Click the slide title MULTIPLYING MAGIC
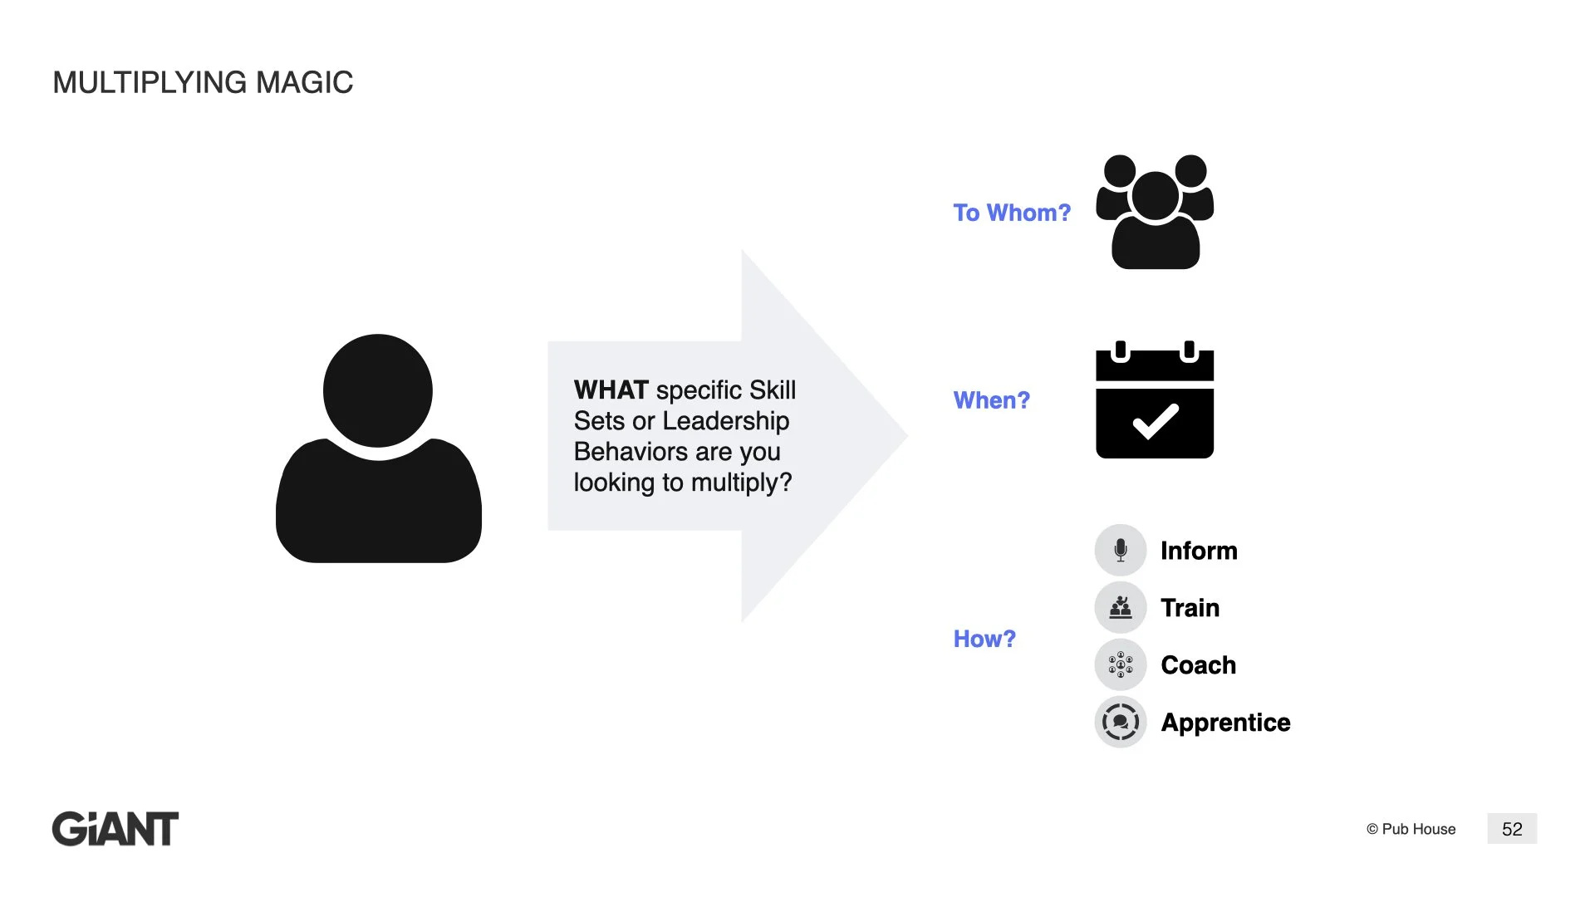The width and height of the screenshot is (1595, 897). click(203, 82)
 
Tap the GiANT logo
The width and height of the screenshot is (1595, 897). click(115, 829)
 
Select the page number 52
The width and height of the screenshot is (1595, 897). click(1512, 829)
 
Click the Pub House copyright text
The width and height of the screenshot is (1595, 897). click(1411, 829)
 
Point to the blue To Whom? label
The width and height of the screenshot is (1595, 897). click(1012, 213)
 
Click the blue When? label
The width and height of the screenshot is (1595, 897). click(991, 400)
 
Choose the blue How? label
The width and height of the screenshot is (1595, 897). click(984, 639)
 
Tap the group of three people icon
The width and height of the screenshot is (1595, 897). click(1155, 212)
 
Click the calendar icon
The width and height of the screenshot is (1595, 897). click(1155, 400)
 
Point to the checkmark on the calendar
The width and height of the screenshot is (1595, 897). click(1156, 421)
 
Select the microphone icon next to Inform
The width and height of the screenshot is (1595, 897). click(1121, 550)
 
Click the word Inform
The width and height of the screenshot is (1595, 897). click(1199, 551)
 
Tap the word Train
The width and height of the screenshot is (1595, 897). click(1190, 608)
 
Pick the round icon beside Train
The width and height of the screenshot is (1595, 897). click(1121, 607)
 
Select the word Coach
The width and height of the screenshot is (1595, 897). click(1198, 665)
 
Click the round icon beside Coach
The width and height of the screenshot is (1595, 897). click(1121, 664)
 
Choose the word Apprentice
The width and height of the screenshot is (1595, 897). click(1225, 723)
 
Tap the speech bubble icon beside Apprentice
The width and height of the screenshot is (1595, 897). click(1121, 722)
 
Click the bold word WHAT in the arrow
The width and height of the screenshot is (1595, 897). click(611, 390)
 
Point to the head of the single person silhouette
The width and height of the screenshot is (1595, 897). click(378, 390)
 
